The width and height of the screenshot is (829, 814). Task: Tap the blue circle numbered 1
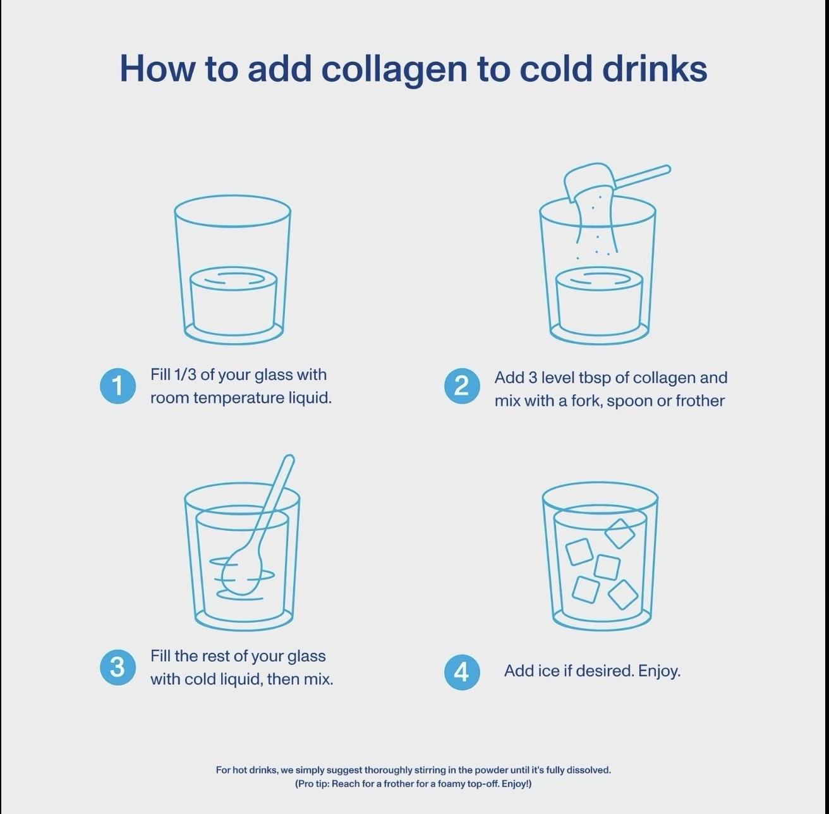pos(118,386)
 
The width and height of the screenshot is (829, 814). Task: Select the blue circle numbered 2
pos(462,386)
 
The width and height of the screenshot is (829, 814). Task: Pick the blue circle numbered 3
pos(118,667)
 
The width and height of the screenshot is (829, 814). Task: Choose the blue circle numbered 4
pos(462,672)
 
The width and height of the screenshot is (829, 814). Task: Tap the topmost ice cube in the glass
pos(619,533)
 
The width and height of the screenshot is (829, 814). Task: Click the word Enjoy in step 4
pos(659,671)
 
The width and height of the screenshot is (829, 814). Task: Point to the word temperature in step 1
pos(239,398)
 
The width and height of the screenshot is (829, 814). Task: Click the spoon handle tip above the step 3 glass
pos(289,459)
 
